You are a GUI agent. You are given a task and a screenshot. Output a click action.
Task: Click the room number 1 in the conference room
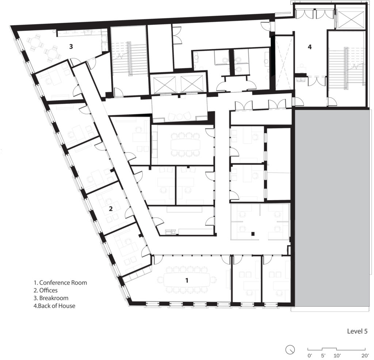[187, 280]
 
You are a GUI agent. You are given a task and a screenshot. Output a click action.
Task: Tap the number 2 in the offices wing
[110, 209]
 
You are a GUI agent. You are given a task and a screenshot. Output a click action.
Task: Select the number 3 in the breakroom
[72, 46]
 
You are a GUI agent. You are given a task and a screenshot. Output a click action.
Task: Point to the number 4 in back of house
[310, 47]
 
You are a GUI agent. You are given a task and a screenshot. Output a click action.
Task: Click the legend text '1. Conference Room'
[60, 283]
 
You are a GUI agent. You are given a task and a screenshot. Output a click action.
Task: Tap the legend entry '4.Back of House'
[54, 306]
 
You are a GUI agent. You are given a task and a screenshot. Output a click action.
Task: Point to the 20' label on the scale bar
[365, 355]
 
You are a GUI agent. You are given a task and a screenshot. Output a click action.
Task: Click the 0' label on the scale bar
[309, 355]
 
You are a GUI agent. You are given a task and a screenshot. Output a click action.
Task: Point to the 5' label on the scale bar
[323, 355]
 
